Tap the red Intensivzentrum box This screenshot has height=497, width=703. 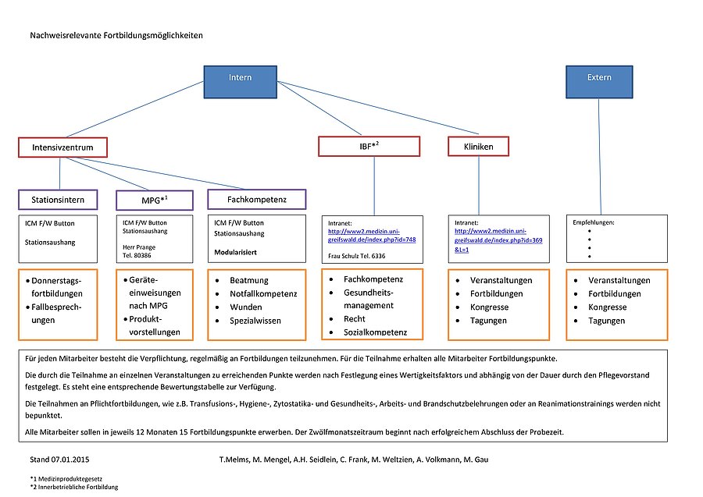click(62, 147)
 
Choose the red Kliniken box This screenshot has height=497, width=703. click(478, 146)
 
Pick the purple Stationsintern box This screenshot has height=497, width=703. click(58, 200)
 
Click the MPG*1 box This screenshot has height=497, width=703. click(154, 201)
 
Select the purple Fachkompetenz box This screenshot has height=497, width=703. click(256, 200)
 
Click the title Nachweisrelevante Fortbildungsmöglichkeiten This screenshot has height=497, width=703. click(118, 36)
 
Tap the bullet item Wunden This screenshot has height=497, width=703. click(246, 307)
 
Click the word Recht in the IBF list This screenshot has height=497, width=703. click(354, 319)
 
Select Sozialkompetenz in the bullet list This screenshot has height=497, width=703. click(375, 332)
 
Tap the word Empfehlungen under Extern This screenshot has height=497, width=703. click(594, 222)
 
